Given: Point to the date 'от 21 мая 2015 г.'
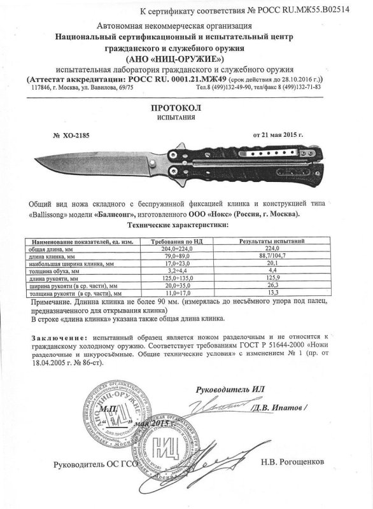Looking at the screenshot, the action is (x=278, y=136).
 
